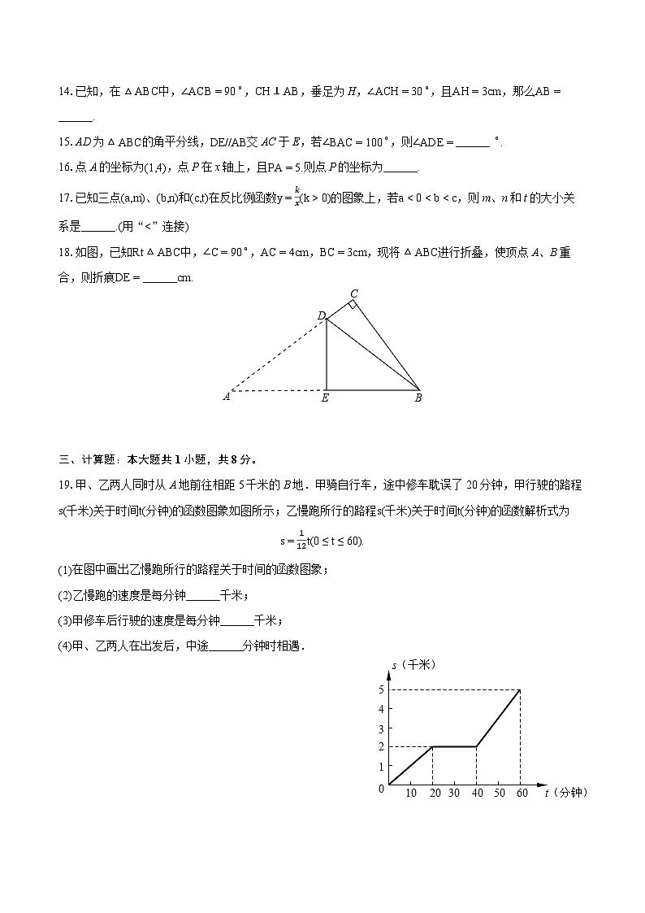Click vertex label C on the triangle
(353, 293)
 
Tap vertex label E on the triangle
(325, 398)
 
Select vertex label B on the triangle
(418, 398)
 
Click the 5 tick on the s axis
(380, 689)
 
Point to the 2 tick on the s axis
(380, 746)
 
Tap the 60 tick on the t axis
(519, 793)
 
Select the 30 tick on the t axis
(453, 793)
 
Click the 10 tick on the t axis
(410, 793)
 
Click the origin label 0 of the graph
(381, 789)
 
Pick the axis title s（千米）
(414, 665)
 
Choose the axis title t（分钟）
(565, 793)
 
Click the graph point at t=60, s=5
(519, 690)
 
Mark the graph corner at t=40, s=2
(475, 746)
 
